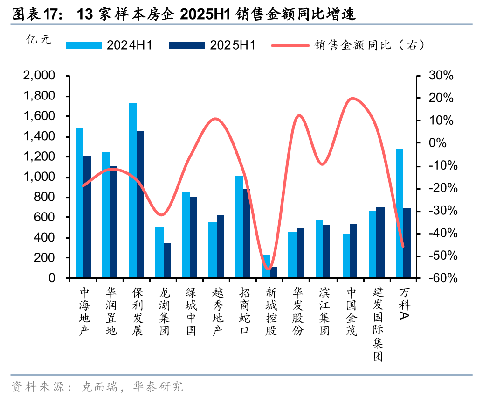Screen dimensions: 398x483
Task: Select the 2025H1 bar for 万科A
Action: (407, 243)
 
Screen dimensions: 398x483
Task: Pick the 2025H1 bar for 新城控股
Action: (274, 273)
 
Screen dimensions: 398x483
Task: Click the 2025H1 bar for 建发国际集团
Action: (380, 242)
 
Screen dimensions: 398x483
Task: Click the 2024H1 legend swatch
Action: (84, 45)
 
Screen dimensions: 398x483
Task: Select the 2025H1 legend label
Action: (233, 45)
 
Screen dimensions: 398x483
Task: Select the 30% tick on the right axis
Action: (441, 76)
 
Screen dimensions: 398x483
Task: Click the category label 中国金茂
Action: (352, 312)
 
